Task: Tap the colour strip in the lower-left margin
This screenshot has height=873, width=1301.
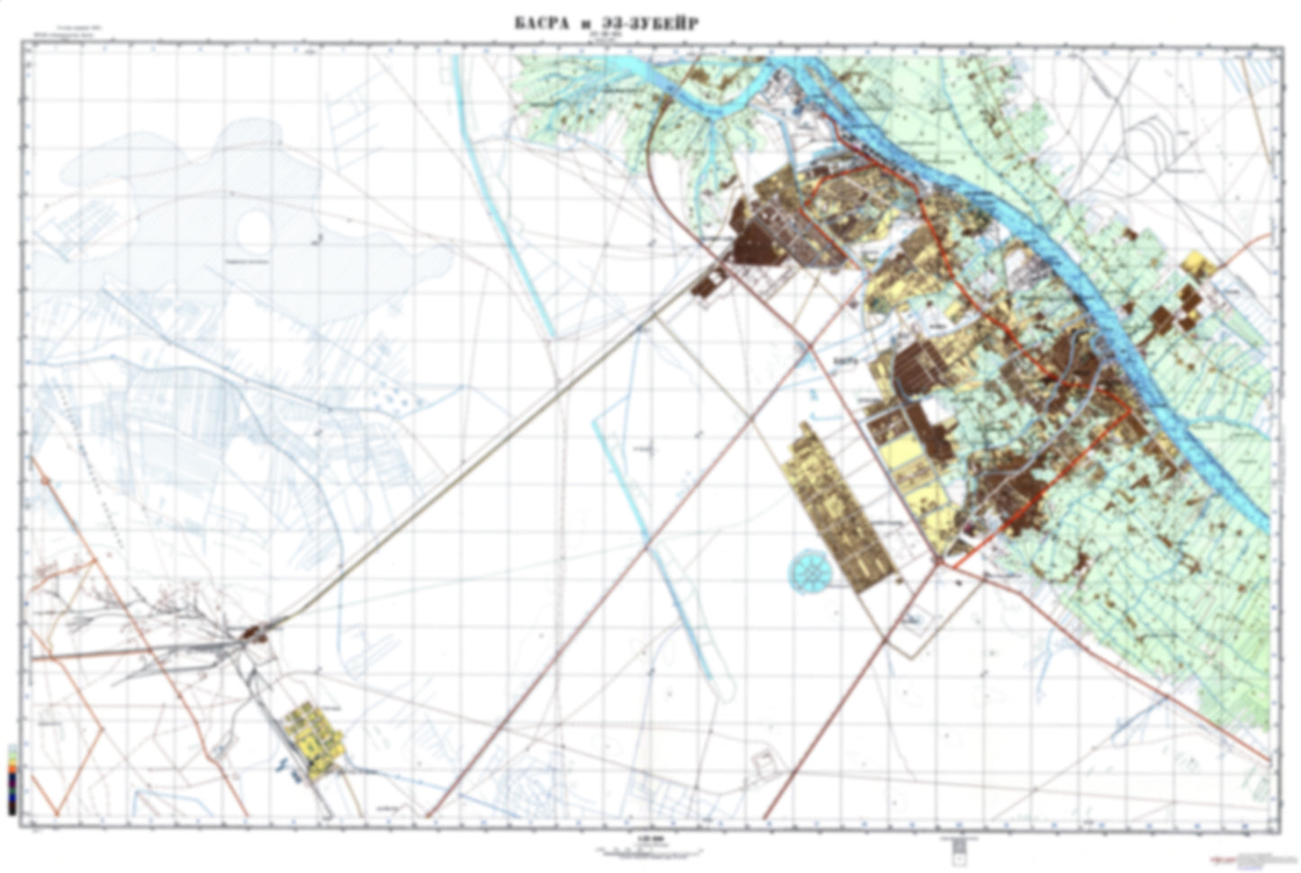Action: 11,778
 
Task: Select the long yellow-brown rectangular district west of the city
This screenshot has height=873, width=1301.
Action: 838,509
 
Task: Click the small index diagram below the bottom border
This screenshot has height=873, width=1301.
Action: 958,846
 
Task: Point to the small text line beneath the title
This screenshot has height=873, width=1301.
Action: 601,38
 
